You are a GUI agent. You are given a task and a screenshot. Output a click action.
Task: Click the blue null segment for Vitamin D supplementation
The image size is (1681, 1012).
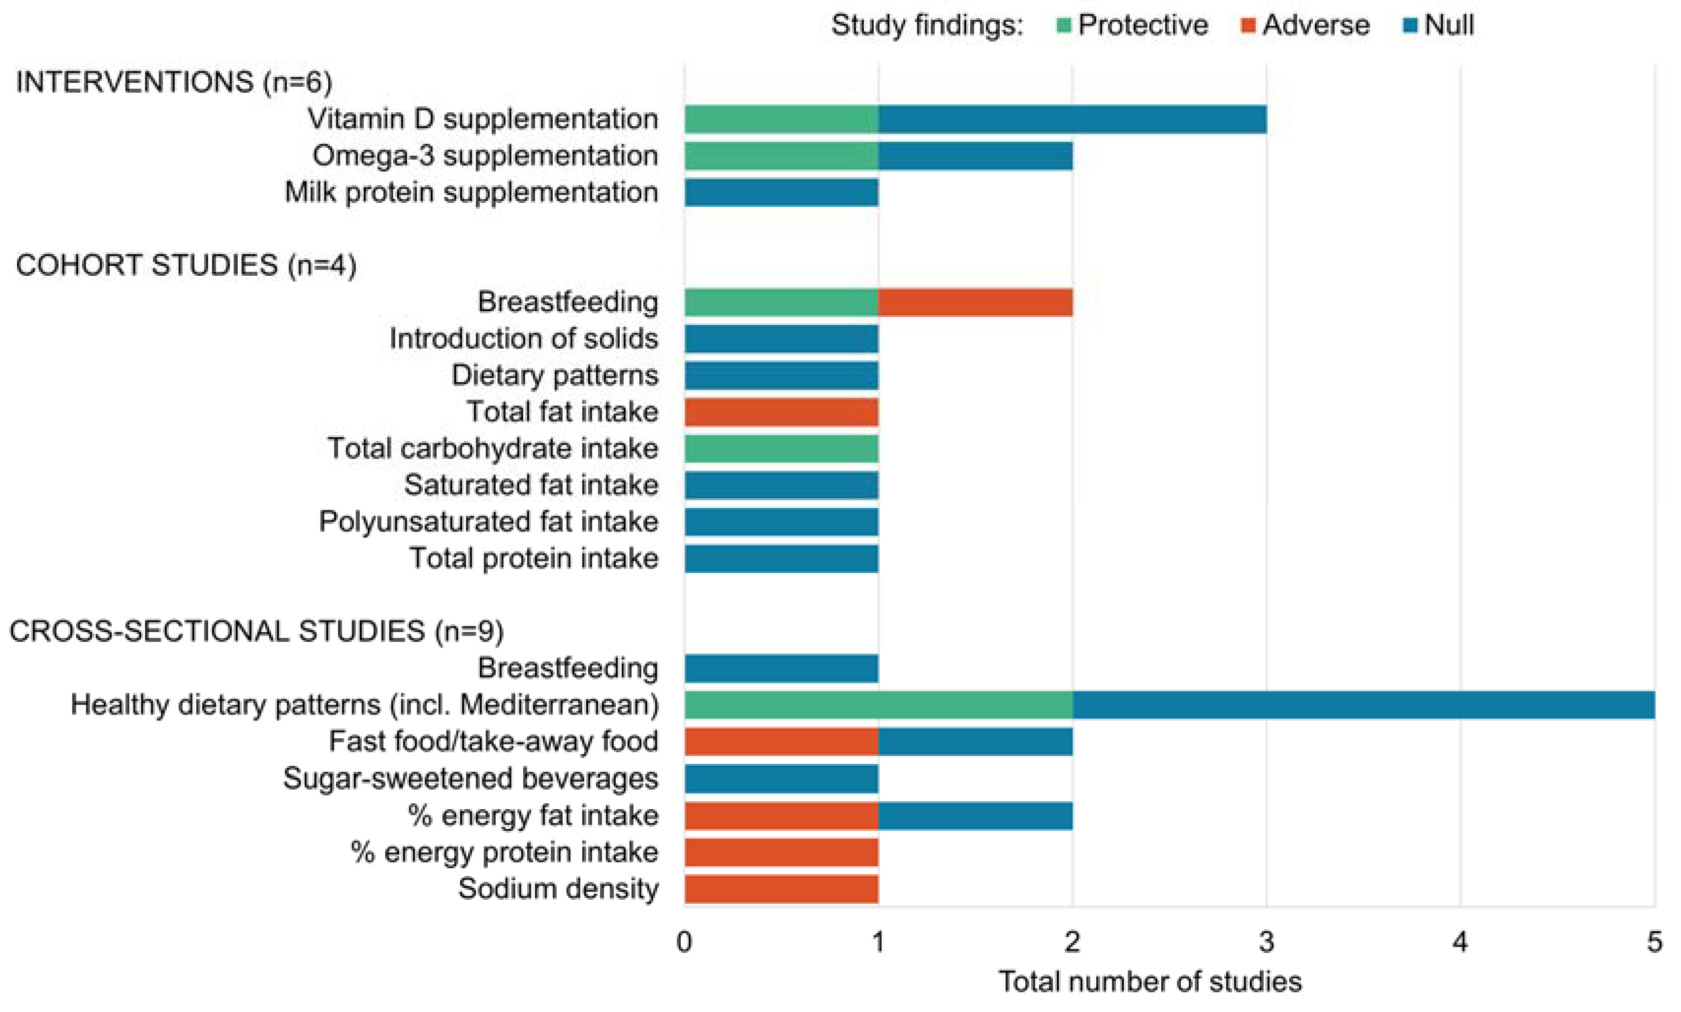point(1072,119)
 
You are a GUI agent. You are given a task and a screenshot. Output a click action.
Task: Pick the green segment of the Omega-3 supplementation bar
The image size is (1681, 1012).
point(781,156)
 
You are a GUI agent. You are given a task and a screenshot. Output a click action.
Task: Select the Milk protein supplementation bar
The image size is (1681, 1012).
point(781,193)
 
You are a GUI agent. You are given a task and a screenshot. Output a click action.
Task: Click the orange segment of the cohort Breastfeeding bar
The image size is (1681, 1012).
point(975,302)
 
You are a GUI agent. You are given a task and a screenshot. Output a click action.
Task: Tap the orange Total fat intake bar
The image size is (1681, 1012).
point(781,412)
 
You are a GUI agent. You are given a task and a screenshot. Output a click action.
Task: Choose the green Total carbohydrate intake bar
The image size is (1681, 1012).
point(781,449)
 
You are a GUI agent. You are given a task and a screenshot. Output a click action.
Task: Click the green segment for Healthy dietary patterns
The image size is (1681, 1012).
point(878,704)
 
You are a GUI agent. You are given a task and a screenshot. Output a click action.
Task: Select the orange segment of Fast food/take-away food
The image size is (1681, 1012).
point(781,741)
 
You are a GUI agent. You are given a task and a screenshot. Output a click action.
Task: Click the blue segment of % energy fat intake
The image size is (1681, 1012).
point(975,815)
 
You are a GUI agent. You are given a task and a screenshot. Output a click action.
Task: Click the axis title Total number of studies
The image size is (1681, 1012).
point(1150,982)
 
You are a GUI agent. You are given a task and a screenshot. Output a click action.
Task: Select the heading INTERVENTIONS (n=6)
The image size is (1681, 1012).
point(174,83)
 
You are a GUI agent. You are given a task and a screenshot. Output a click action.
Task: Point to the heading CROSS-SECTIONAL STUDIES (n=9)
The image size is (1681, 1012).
point(256,631)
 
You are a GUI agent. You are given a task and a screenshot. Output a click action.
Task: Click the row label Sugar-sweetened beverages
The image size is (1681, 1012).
point(471,778)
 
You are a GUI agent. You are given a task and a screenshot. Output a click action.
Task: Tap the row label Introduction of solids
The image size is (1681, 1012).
point(524,339)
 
